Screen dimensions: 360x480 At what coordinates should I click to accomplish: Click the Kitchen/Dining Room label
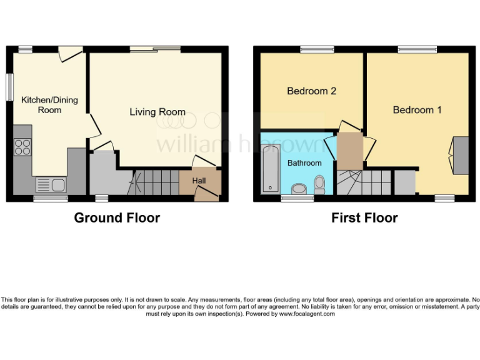tap(49, 104)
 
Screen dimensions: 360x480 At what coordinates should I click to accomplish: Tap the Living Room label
tap(157, 112)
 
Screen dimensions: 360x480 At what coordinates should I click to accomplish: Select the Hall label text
tap(199, 181)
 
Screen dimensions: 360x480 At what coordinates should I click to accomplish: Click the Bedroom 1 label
tap(417, 109)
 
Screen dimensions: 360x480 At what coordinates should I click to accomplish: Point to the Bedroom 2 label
tap(311, 91)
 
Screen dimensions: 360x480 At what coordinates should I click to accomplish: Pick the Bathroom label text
tap(304, 163)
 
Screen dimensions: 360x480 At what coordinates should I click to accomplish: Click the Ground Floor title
tap(117, 217)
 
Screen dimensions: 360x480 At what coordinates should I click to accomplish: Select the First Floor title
tap(364, 217)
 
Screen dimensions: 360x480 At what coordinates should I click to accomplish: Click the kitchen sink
tap(50, 184)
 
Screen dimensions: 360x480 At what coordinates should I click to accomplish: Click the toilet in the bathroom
tap(320, 183)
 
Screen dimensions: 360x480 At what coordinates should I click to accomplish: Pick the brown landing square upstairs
tap(349, 151)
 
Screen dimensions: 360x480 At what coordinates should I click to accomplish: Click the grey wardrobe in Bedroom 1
tap(461, 155)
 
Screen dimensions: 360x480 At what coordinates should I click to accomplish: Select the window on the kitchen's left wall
tap(10, 87)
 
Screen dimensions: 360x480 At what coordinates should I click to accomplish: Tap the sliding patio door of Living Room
tap(156, 49)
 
